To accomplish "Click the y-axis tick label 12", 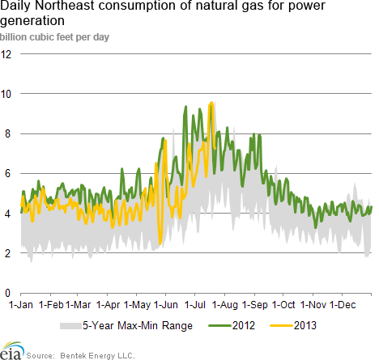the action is coord(6,54).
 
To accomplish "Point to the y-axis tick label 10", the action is coord(6,94).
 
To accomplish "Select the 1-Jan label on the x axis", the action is coord(21,305).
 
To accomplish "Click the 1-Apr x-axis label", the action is coord(108,305).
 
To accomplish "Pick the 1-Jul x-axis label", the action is coord(195,305).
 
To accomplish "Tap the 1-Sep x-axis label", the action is coord(255,305).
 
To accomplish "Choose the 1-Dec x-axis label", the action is coord(343,305).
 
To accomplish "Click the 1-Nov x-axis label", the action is coord(313,305).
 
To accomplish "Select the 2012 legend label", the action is coord(244,325).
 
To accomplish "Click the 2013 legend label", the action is coord(305,325).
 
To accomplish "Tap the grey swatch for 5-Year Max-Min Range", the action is coord(70,326).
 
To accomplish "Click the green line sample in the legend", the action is coord(220,326).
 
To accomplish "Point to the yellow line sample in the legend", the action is coord(282,326).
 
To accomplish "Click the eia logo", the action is coord(12,351).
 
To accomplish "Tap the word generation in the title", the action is coord(32,21).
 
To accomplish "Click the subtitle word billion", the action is coord(14,37).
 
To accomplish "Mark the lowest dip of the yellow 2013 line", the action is coord(160,244).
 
